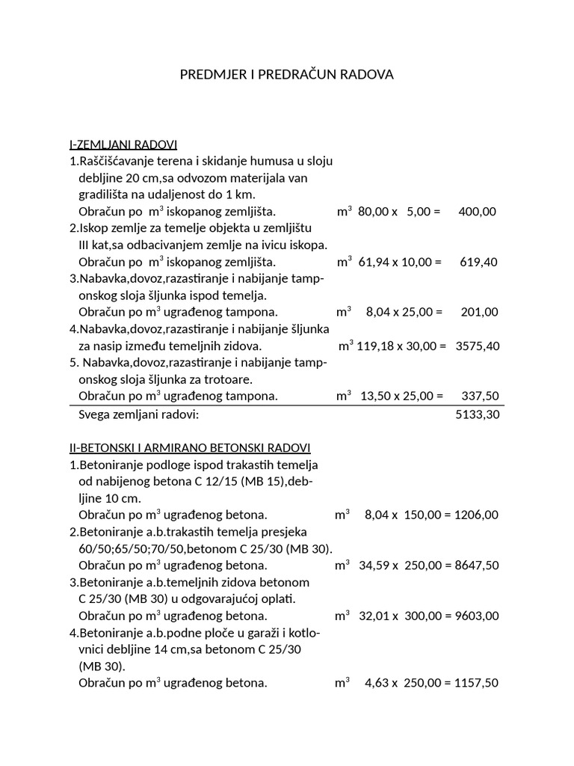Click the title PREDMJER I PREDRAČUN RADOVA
tap(287, 75)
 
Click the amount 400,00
tap(477, 212)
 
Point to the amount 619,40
tap(477, 262)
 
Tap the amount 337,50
tap(477, 396)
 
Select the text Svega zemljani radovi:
tap(139, 414)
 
